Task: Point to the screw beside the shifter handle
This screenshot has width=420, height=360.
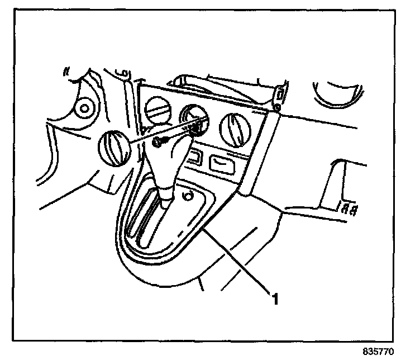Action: pos(158,144)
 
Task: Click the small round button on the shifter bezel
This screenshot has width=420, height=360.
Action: pos(189,196)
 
